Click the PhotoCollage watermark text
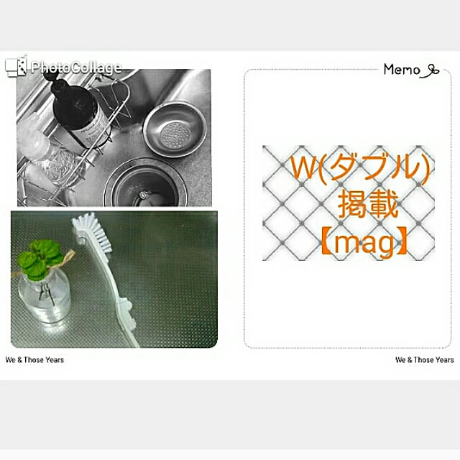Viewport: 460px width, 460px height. click(76, 68)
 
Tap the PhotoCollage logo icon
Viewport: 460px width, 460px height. click(16, 65)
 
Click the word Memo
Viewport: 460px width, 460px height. click(402, 70)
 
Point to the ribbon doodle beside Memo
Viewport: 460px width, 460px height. click(430, 71)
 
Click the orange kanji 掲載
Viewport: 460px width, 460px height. click(368, 204)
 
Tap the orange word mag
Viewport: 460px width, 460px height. click(364, 244)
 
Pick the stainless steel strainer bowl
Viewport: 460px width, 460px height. click(175, 129)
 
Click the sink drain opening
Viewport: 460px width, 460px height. click(146, 184)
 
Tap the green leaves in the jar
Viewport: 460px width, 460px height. click(39, 258)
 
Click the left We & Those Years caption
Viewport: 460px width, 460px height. click(34, 359)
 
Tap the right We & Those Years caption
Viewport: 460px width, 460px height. click(425, 359)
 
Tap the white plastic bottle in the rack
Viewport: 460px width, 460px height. click(33, 138)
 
